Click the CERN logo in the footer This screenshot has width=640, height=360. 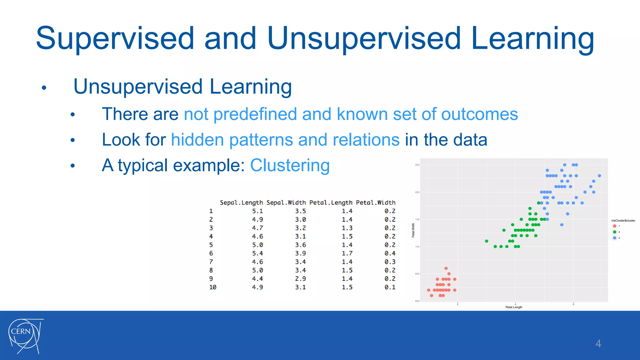(25, 336)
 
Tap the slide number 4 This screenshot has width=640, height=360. (598, 344)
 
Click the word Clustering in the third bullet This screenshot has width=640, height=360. (290, 165)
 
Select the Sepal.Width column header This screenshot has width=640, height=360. (286, 202)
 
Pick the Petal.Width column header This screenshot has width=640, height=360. (376, 202)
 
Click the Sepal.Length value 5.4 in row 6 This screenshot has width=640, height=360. (257, 253)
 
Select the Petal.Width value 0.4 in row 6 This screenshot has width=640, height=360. (390, 253)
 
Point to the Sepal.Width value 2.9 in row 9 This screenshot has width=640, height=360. (300, 279)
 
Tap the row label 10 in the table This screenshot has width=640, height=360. (212, 287)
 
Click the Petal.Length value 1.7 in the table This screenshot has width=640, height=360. (347, 253)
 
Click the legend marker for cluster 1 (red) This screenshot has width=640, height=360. (614, 226)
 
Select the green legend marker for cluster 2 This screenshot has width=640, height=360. (614, 232)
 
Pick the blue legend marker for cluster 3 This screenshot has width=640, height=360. (614, 238)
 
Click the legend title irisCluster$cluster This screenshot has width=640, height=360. (623, 221)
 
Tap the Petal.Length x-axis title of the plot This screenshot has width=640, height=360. (514, 307)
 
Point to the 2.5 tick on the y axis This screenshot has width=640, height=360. (417, 165)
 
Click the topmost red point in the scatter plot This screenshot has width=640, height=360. (446, 268)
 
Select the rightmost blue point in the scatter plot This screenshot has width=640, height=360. (599, 176)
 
